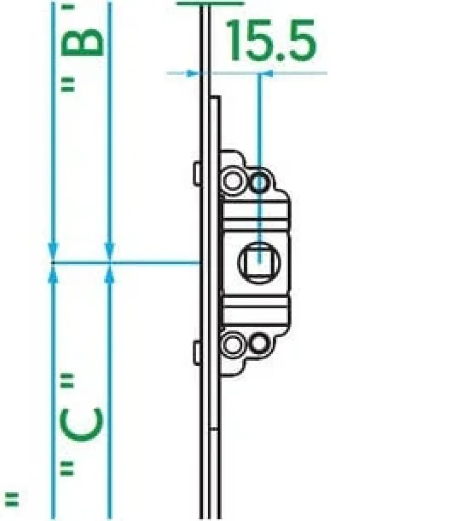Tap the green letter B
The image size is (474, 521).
[82, 42]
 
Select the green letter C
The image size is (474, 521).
[81, 424]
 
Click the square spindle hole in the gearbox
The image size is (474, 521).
[259, 263]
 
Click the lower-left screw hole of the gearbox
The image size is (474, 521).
[232, 344]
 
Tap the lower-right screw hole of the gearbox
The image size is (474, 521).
[259, 343]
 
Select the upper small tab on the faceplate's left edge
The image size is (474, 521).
[197, 173]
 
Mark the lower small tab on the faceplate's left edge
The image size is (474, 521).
[197, 353]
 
